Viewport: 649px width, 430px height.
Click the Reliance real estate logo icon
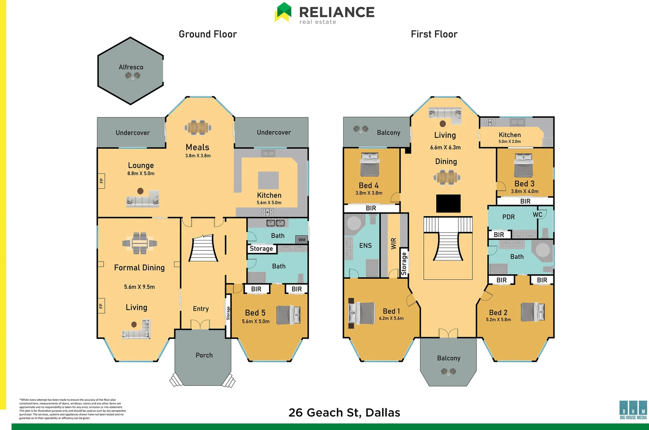point(283,12)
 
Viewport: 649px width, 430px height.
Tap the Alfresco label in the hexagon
point(131,67)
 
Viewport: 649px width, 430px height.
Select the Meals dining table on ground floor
point(198,127)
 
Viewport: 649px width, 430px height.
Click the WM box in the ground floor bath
point(302,240)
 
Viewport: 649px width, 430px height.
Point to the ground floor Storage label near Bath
point(261,249)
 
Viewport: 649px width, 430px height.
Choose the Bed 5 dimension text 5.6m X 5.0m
point(256,321)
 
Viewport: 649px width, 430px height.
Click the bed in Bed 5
point(289,315)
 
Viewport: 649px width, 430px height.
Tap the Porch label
point(204,355)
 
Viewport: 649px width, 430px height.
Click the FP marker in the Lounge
point(101,181)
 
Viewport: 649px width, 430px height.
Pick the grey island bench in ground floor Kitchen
point(268,180)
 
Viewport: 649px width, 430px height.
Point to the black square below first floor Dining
point(448,203)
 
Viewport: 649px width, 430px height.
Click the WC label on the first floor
point(537,215)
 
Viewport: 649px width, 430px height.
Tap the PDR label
point(508,217)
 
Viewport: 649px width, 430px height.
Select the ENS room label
point(365,246)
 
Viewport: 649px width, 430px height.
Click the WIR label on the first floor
point(393,243)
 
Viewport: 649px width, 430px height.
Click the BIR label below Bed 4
point(371,208)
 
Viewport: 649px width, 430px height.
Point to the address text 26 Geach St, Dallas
point(344,412)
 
